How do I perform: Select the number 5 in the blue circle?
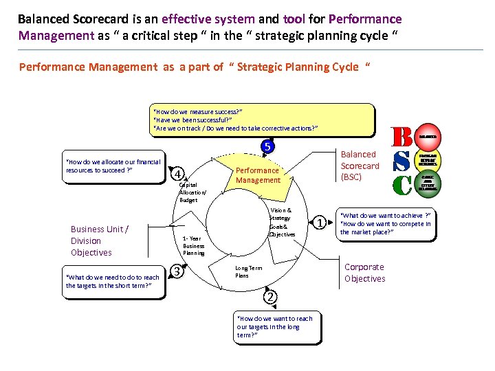(268, 146)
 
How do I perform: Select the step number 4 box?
(177, 173)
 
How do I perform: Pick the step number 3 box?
(177, 272)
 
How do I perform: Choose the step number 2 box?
(271, 297)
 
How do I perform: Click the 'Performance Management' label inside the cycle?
(258, 175)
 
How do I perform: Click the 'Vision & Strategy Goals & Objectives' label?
(280, 223)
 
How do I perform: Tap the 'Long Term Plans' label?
(248, 272)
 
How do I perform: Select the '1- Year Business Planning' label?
(194, 245)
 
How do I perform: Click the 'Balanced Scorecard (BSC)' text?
(360, 166)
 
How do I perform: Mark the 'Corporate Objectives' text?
(364, 273)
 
